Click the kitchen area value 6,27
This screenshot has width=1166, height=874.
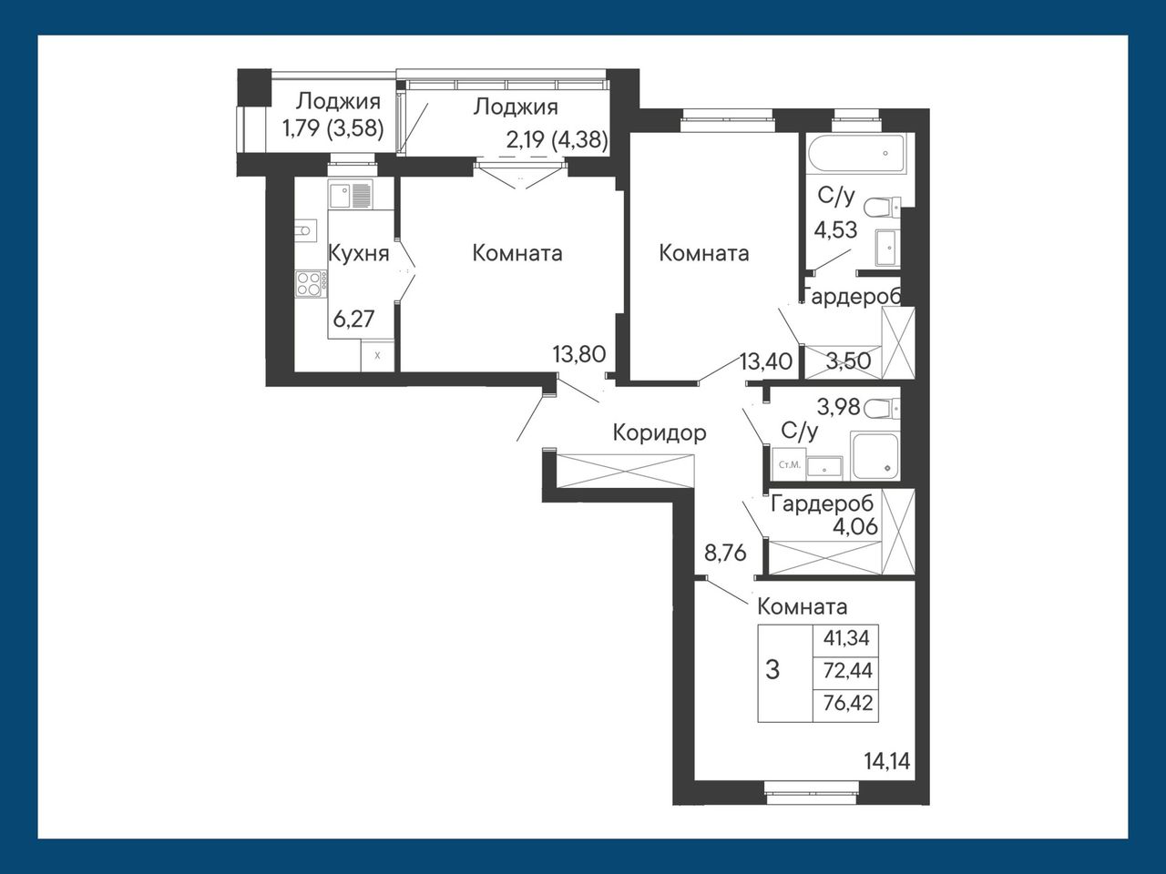pos(353,319)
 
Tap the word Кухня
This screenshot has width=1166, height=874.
pos(359,254)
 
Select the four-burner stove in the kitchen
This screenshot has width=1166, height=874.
pos(312,283)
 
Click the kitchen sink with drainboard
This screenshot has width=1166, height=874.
pos(351,195)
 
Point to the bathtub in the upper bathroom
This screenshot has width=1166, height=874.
pos(855,153)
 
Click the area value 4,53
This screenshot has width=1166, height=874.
pos(836,230)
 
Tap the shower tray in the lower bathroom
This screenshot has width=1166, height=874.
pos(874,456)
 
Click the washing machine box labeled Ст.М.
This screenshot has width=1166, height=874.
pos(790,464)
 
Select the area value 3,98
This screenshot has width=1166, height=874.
pos(838,407)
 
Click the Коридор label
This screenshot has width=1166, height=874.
pos(660,433)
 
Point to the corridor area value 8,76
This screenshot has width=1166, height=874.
pos(726,554)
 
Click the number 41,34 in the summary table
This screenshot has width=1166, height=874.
pos(846,638)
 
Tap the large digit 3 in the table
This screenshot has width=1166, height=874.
pos(772,670)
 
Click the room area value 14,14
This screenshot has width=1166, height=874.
pos(887,761)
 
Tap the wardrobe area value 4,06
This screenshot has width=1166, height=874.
pos(855,527)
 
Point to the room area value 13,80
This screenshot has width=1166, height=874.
pos(579,354)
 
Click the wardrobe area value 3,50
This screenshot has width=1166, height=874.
pos(848,361)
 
